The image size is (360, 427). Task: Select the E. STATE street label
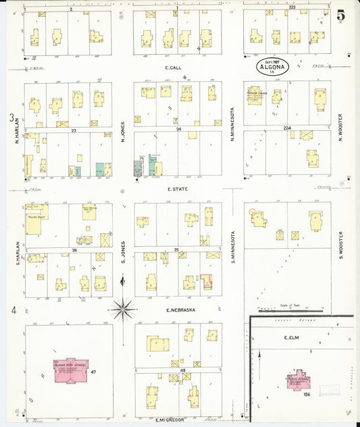177,189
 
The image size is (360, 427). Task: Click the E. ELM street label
292,337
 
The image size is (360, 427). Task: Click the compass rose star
122,310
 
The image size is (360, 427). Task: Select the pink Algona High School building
70,369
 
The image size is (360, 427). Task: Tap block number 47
94,372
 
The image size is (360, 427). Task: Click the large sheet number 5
341,14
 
